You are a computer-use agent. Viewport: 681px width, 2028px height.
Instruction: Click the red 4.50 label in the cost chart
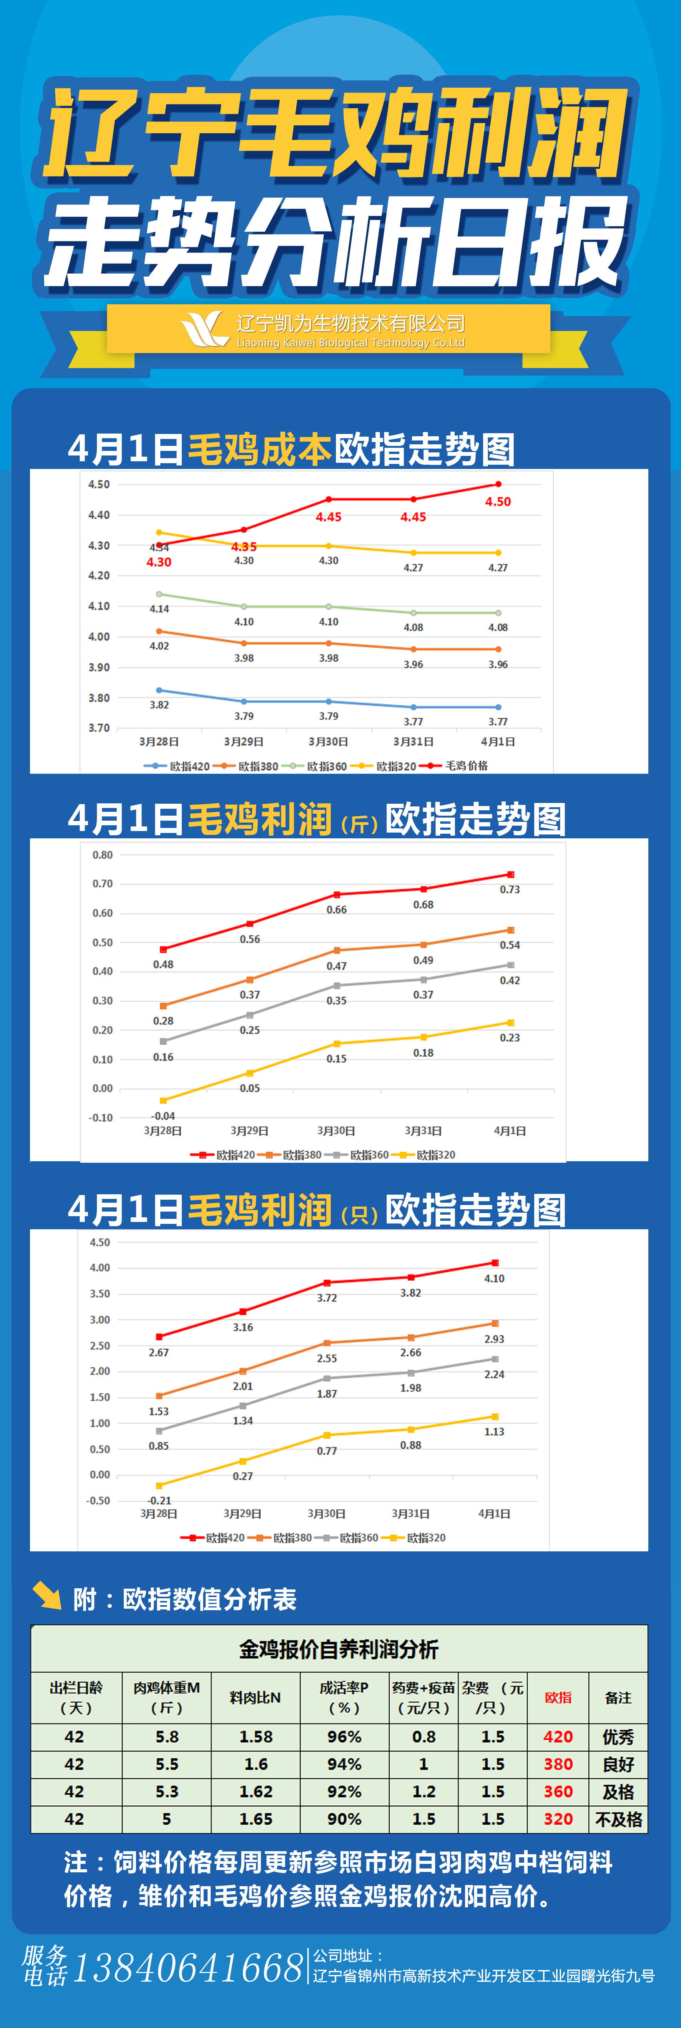[498, 502]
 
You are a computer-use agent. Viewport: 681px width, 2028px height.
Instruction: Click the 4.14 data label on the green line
[159, 608]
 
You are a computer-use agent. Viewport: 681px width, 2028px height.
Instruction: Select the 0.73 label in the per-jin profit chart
[509, 889]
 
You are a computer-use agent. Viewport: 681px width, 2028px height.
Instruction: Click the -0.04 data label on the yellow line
[163, 1115]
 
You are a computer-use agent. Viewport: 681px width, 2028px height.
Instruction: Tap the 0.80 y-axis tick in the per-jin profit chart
[102, 855]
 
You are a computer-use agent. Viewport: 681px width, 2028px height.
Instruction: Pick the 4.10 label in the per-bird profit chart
[493, 1278]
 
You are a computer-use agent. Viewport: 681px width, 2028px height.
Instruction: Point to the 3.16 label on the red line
[243, 1327]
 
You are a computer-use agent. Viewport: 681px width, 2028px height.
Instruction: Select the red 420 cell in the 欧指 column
[558, 1737]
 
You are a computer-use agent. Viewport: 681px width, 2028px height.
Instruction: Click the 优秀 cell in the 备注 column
[618, 1737]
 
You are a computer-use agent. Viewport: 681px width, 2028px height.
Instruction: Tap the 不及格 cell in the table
[618, 1819]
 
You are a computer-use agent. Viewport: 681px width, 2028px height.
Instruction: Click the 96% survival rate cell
[344, 1737]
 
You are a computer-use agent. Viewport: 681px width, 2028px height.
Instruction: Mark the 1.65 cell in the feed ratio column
[255, 1819]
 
